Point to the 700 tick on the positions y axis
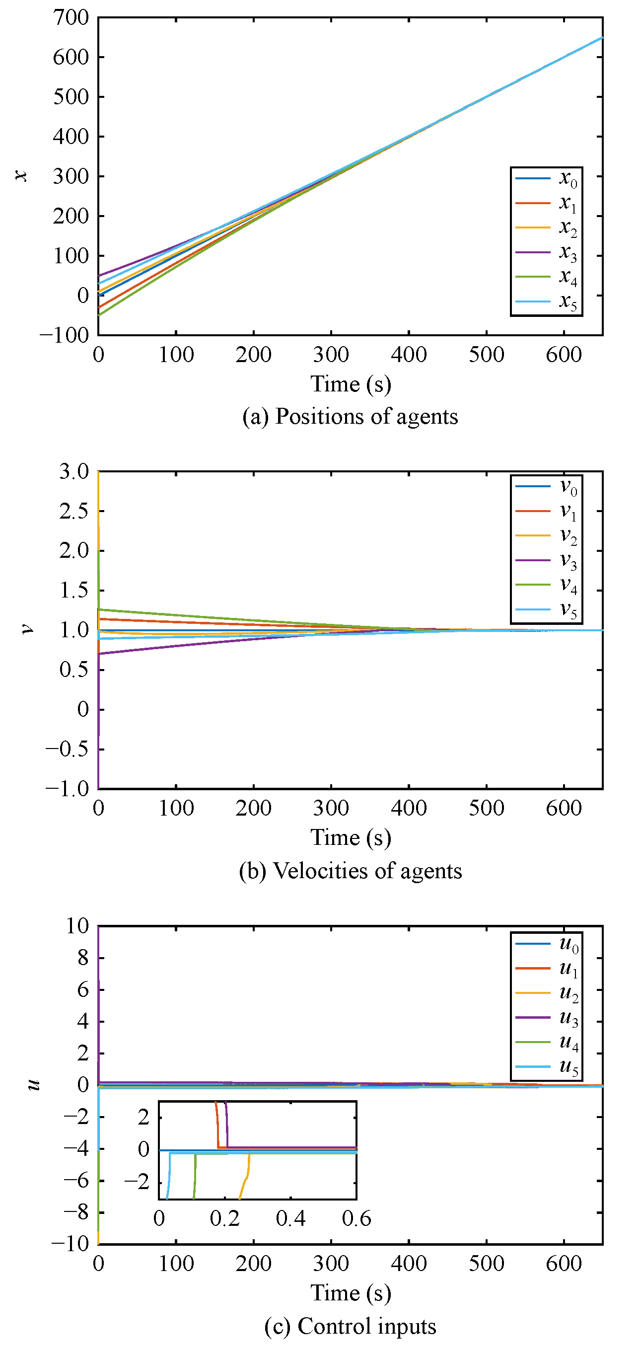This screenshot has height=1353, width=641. click(x=71, y=18)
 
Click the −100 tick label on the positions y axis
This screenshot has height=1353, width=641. click(x=64, y=335)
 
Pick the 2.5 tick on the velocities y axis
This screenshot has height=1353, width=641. click(x=74, y=511)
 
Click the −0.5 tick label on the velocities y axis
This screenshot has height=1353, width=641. click(x=67, y=749)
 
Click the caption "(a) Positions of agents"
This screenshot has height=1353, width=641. click(x=350, y=417)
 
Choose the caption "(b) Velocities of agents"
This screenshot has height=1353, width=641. click(x=350, y=871)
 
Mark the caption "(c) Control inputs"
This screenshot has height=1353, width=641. click(x=350, y=1326)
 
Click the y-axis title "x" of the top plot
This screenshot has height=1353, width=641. click(x=21, y=175)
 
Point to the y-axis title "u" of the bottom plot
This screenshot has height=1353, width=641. click(x=33, y=1085)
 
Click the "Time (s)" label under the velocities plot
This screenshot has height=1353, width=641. click(x=351, y=838)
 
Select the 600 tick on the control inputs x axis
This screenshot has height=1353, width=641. click(x=564, y=1264)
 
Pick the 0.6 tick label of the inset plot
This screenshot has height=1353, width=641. click(x=356, y=1219)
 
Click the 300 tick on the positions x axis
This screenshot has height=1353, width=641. click(x=331, y=355)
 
